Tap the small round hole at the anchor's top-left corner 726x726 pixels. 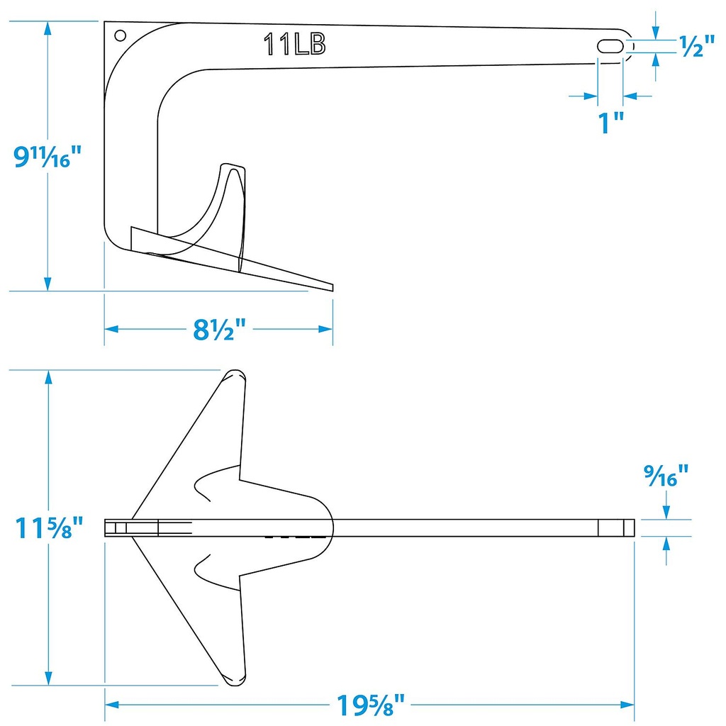[120, 35]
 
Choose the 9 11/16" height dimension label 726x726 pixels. [43, 156]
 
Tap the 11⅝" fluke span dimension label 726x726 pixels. [49, 527]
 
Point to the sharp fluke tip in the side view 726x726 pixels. [330, 287]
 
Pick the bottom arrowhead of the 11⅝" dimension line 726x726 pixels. [48, 679]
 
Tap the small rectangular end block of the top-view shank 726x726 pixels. [616, 527]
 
